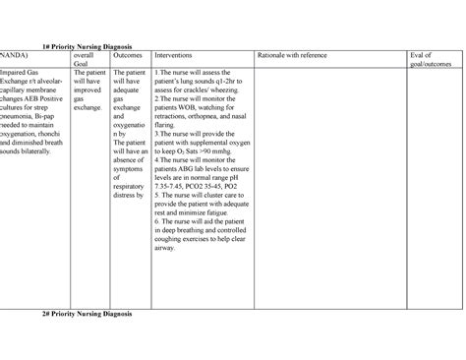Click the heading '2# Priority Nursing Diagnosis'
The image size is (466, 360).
(87, 313)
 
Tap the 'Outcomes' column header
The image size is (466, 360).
(127, 55)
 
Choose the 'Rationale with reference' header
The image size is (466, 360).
(292, 55)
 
